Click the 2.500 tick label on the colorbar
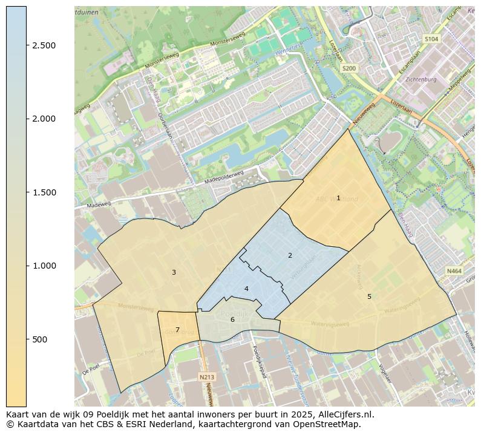pos(44,45)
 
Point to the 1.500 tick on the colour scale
pos(44,192)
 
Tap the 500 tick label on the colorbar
pos(41,339)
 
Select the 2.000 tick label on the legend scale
pos(44,119)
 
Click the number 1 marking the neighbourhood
pos(338,198)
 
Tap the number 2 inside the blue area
pos(290,255)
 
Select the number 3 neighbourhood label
pos(174,272)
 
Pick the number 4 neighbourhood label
pos(246,289)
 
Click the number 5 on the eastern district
pos(369,296)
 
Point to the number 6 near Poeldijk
pos(232,319)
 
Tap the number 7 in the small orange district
pos(177,330)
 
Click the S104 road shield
pos(431,39)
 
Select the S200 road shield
pos(349,68)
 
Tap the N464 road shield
pos(454,272)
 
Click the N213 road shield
pos(206,377)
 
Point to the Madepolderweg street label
pos(224,177)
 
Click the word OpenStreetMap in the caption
pos(327,424)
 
